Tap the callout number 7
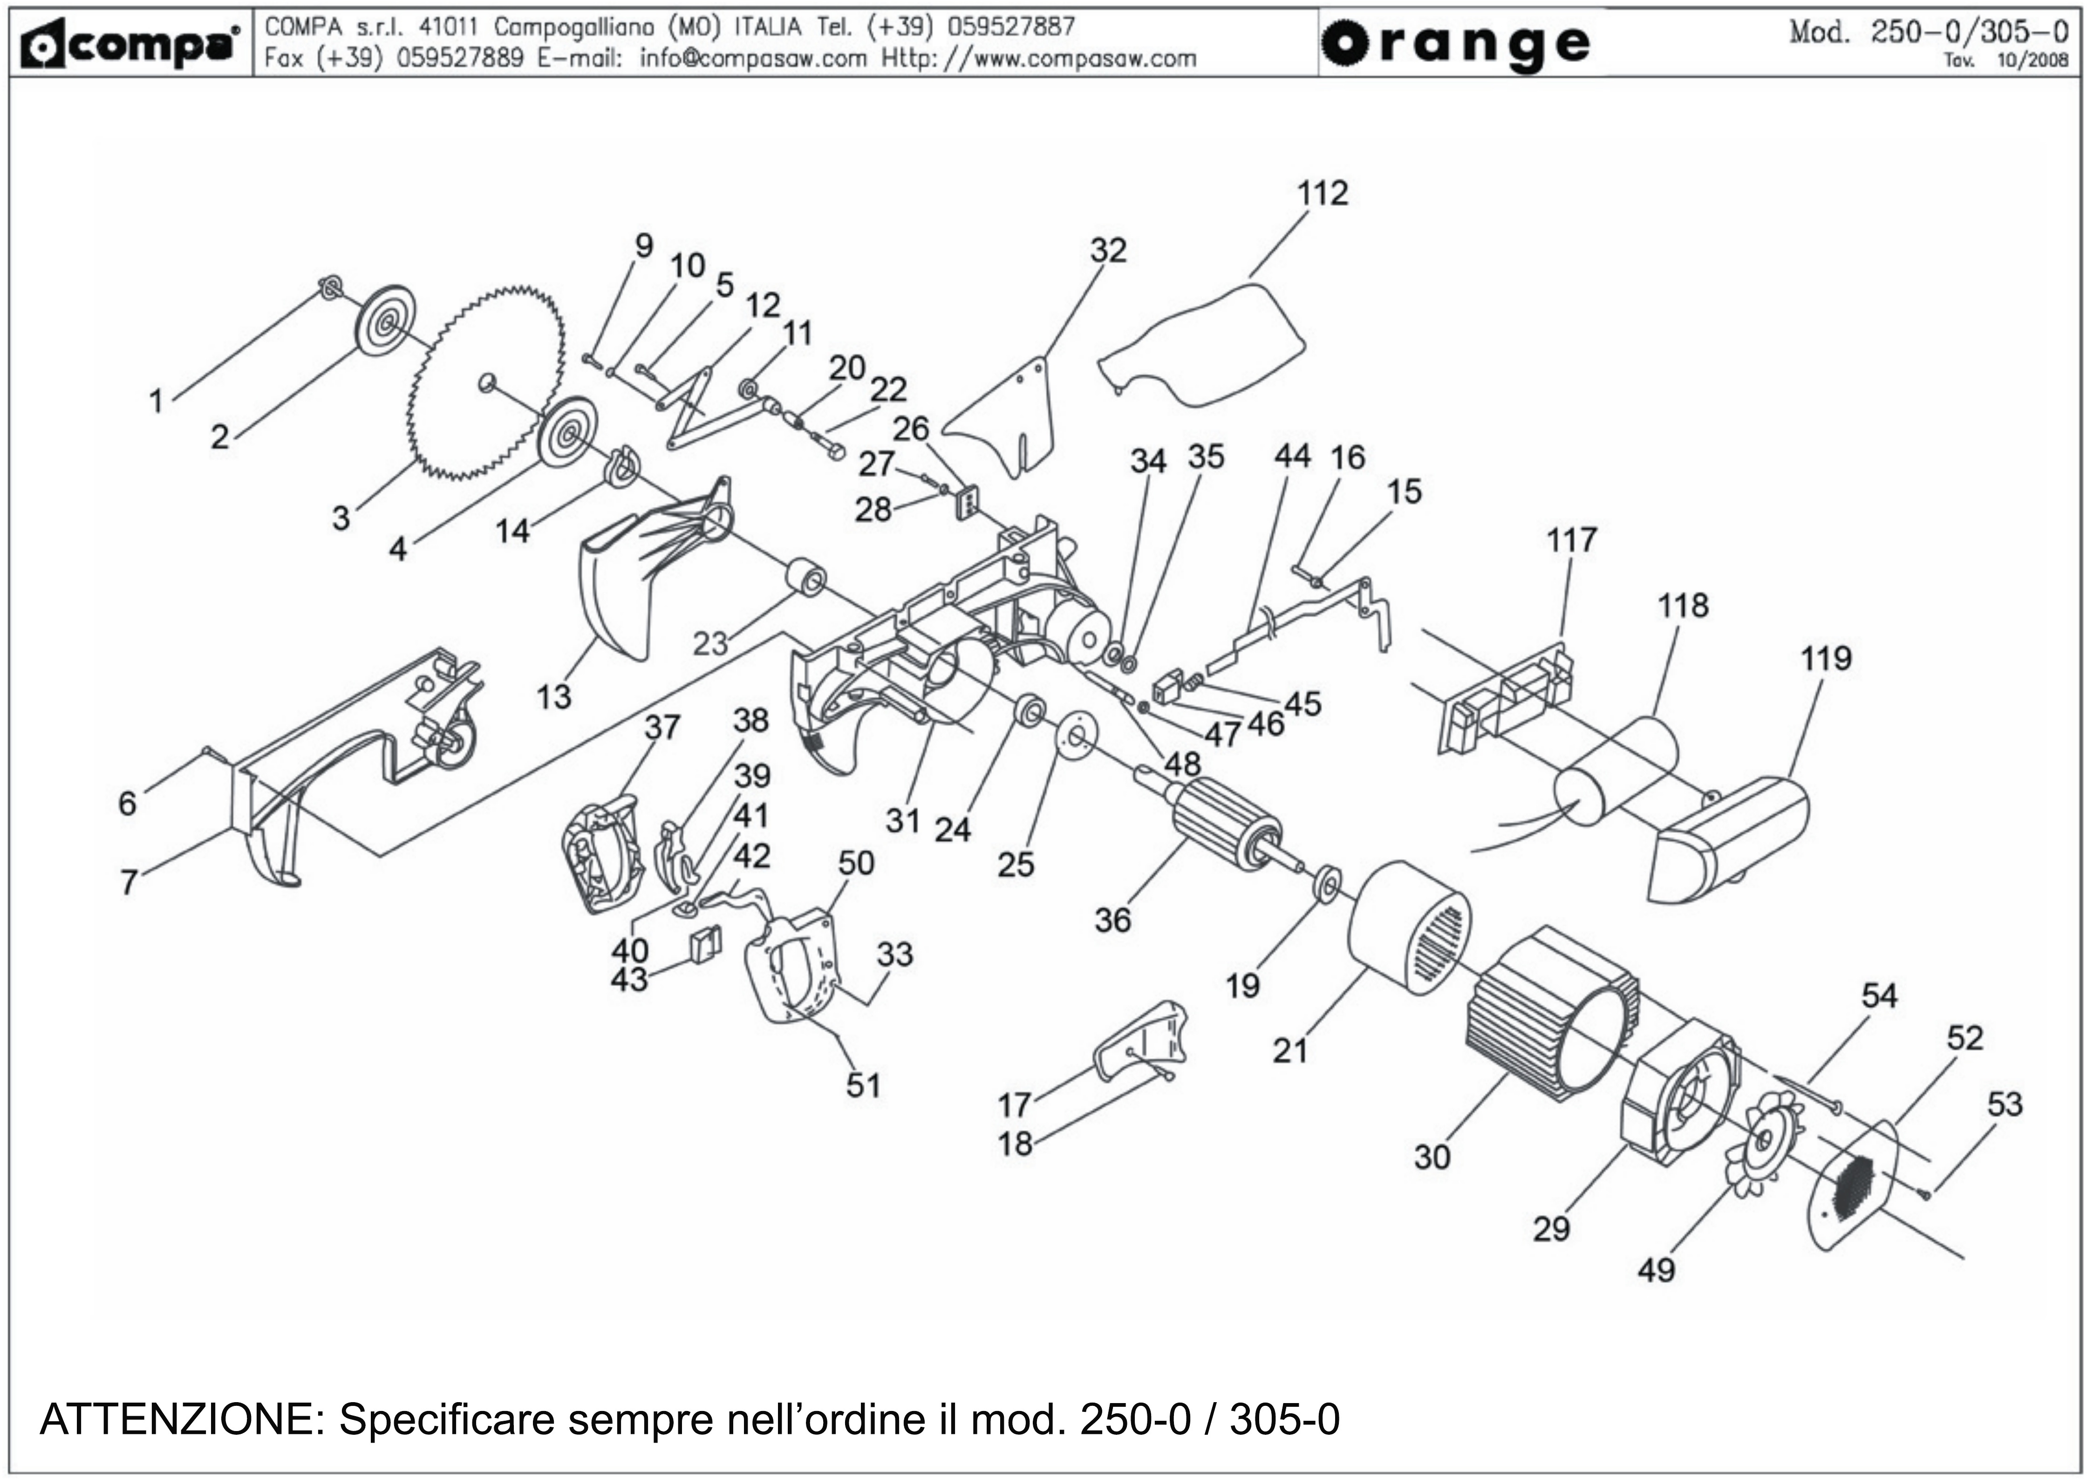pos(129,881)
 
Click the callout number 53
pos(2004,1104)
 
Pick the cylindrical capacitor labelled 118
pos(1616,770)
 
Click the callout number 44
pos(1292,456)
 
